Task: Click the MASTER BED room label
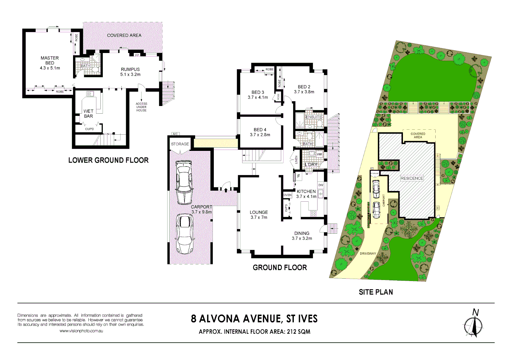tap(50, 60)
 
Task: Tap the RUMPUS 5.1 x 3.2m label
tap(130, 72)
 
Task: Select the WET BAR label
tap(88, 114)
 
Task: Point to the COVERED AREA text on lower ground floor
tap(124, 35)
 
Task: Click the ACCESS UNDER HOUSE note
tap(141, 107)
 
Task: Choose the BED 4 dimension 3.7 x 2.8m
tap(260, 135)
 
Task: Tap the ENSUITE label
tap(314, 117)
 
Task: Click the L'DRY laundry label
tap(311, 165)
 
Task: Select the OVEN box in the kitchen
tap(288, 195)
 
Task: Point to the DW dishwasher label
tap(321, 185)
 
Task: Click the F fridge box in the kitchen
tap(299, 176)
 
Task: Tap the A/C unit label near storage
tap(175, 134)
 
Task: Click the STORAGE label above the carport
tap(180, 144)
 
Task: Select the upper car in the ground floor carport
tap(184, 182)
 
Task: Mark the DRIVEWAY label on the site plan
tap(368, 254)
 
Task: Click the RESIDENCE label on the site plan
tap(412, 178)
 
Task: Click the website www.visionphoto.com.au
tap(81, 331)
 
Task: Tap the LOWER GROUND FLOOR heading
tap(108, 160)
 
